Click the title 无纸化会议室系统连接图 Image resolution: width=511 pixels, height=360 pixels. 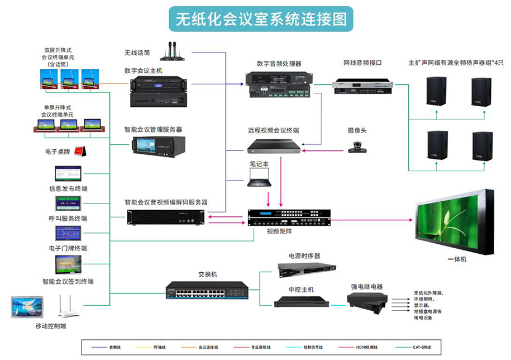pos(261,20)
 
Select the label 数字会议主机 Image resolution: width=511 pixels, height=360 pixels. pos(144,71)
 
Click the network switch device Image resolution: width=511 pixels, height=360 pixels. pos(207,290)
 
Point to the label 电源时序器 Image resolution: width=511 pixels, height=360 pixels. pos(304,255)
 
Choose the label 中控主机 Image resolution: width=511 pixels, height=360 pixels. pos(301,290)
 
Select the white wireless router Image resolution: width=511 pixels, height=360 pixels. pos(69,306)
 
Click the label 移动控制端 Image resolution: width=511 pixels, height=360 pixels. pos(50,325)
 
